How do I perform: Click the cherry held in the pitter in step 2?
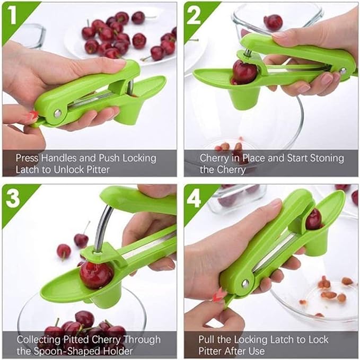(244, 72)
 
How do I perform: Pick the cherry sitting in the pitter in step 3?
(96, 274)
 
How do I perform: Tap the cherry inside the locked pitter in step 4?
(313, 219)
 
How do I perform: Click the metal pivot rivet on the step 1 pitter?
(56, 113)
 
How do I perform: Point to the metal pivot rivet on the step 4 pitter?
(245, 284)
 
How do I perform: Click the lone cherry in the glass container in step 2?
(273, 22)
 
